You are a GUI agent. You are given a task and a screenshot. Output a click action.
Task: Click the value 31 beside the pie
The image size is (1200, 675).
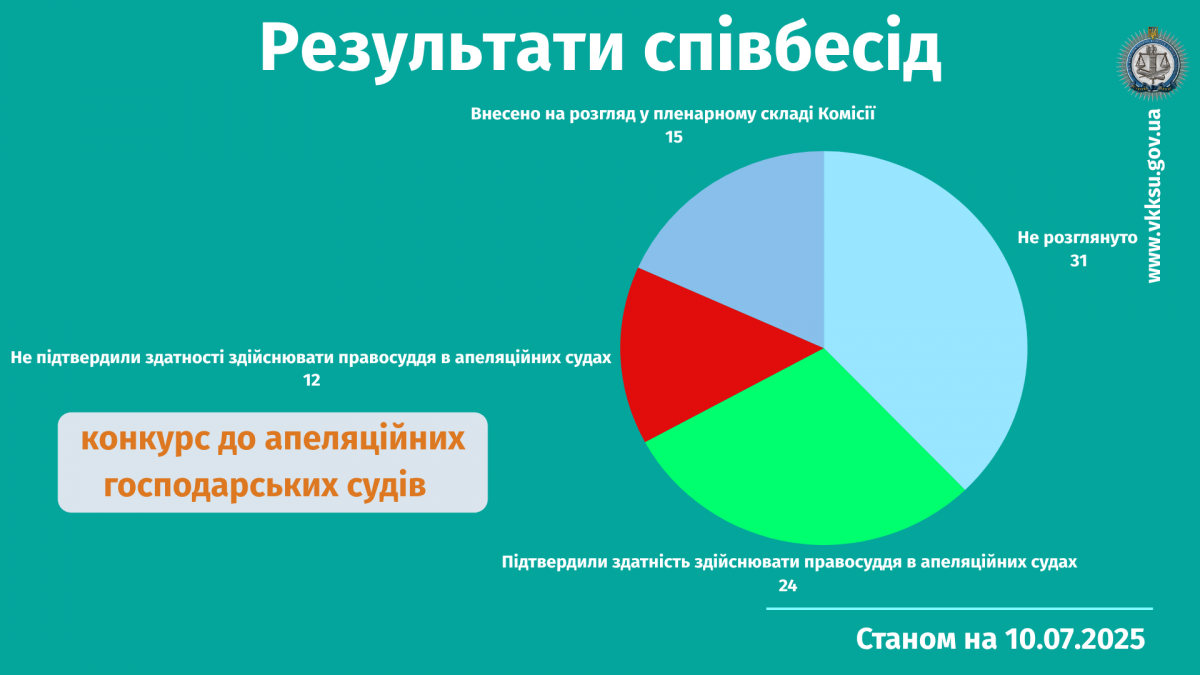point(1078,261)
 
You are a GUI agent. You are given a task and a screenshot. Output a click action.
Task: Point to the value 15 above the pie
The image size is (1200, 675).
point(674,137)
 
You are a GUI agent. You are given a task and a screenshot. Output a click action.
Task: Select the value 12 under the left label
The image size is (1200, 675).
point(311,380)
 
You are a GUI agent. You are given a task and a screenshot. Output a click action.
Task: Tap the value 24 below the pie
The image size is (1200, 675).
point(788,586)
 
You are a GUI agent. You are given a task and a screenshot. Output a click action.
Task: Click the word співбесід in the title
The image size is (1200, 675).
point(792,47)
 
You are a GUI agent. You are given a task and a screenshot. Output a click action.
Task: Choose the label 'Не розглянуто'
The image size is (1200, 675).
point(1077,238)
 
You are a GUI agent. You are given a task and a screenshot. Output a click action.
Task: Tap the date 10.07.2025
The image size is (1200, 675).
point(1075,639)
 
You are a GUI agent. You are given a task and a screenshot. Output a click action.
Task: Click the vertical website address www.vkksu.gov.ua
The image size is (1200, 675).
point(1154,196)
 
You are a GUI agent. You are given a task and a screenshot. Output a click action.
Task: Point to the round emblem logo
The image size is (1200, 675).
point(1152,64)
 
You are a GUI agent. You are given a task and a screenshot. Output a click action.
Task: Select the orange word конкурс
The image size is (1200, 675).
point(145,439)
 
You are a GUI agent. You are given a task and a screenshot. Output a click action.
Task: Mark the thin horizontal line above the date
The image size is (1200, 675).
point(959,609)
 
